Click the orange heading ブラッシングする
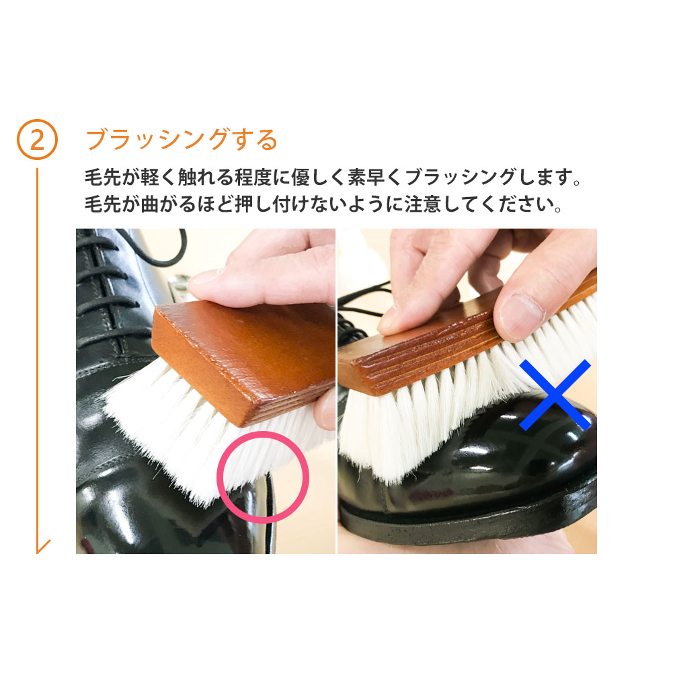[x=182, y=139]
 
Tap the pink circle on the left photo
[x=262, y=477]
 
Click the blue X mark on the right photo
[x=555, y=395]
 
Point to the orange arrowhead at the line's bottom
[x=43, y=546]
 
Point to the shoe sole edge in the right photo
[x=471, y=524]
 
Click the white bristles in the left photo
[x=175, y=430]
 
